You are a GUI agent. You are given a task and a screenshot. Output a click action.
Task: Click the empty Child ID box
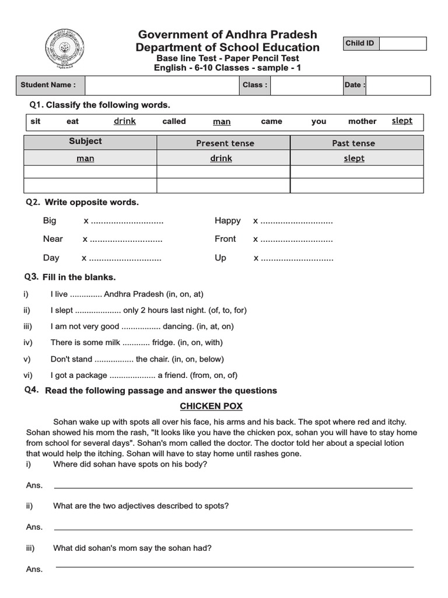tap(402, 44)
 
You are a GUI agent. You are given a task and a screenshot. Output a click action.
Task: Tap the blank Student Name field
tap(162, 85)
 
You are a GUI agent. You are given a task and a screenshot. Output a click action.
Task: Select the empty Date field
tap(398, 85)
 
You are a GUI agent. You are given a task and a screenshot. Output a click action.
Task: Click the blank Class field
tap(306, 85)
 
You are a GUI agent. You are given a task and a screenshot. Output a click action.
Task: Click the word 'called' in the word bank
tap(174, 121)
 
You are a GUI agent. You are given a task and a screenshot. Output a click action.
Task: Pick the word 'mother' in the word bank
tap(362, 121)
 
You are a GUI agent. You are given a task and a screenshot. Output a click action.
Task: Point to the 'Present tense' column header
tap(225, 143)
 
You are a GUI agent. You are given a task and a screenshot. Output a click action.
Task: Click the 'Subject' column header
tap(85, 141)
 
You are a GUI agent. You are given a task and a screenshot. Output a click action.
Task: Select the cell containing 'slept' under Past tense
tap(354, 158)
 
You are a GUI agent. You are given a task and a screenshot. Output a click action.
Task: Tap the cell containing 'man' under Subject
tap(85, 158)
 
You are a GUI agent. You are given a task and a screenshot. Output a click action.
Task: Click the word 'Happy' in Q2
tap(228, 221)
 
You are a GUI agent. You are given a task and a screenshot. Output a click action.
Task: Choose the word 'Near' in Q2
tap(53, 239)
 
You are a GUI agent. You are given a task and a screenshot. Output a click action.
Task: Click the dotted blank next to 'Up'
tap(297, 258)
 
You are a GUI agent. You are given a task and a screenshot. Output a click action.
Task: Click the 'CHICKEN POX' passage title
tap(211, 406)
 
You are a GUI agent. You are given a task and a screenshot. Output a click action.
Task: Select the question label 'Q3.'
tap(32, 277)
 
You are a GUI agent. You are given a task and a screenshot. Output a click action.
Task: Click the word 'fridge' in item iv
tap(163, 343)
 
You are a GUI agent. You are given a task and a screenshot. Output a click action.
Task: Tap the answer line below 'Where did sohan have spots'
tap(233, 487)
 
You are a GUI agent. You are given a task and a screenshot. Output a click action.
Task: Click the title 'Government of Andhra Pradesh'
tap(228, 35)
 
